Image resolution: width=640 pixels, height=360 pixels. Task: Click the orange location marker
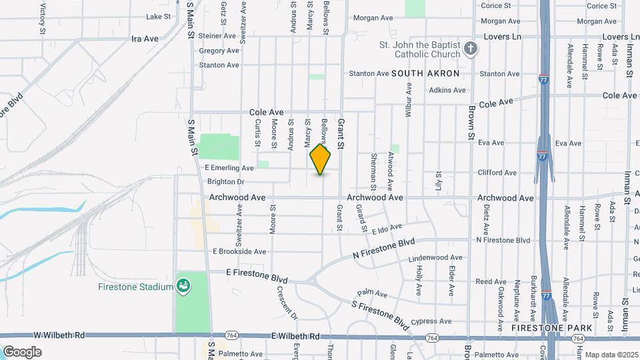[x=321, y=159]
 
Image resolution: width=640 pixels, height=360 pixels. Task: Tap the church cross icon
[x=471, y=48]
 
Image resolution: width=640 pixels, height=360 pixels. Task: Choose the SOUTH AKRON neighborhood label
[x=429, y=73]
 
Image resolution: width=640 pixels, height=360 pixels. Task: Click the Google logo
[x=22, y=351]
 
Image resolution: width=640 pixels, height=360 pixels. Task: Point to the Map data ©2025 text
[x=611, y=355]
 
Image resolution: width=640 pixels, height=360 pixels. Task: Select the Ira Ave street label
[x=145, y=39]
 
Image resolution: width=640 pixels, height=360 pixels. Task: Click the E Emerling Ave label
[x=229, y=168]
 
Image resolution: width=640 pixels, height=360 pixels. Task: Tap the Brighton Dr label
[x=226, y=181]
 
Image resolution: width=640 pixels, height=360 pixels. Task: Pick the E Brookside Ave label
[x=239, y=251]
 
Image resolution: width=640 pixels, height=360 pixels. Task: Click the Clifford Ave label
[x=497, y=173]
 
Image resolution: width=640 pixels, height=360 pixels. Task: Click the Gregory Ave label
[x=219, y=51]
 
